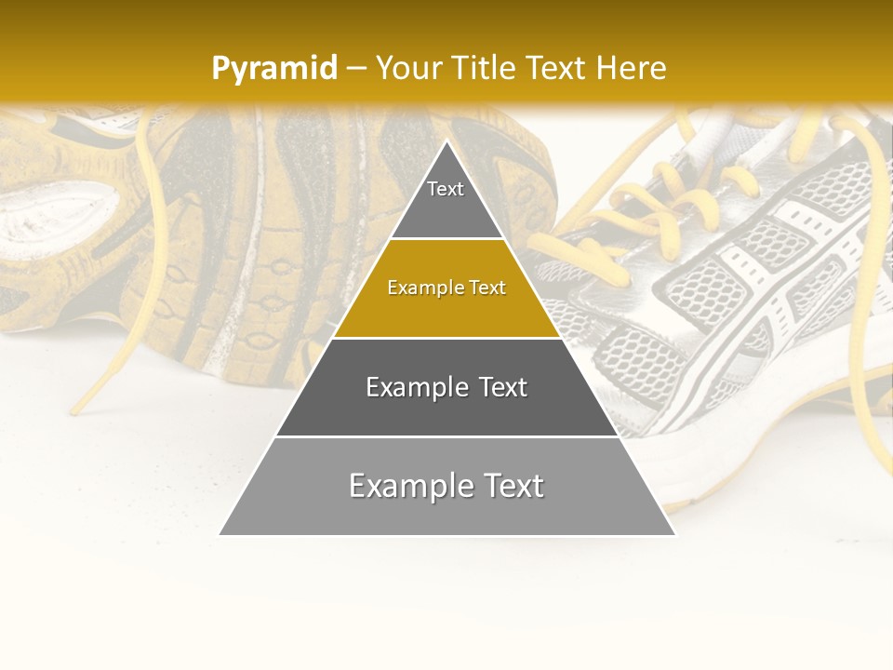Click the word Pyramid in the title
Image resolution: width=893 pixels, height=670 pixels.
tap(273, 68)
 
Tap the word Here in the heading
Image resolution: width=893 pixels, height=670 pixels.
tap(631, 68)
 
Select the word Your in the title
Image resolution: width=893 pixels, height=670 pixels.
tap(408, 68)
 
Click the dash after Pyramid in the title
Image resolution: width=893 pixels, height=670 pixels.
tap(355, 68)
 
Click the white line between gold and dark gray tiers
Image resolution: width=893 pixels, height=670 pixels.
tap(446, 338)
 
